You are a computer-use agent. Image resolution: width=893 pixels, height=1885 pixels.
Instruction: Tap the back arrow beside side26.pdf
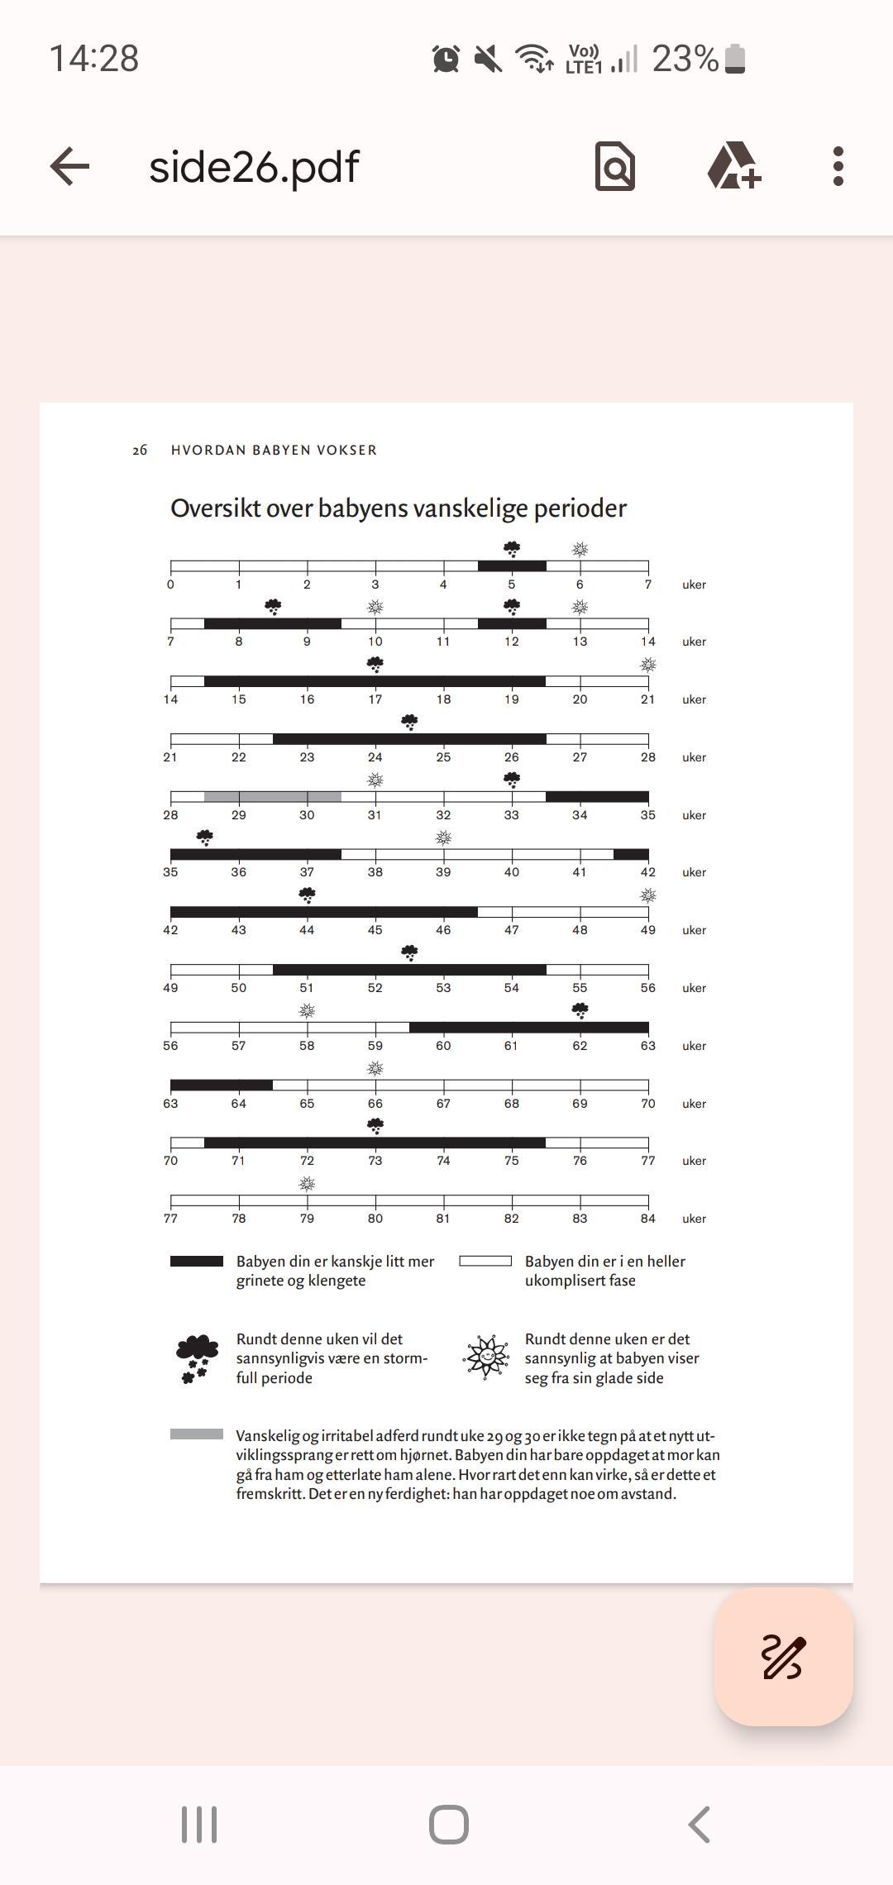(69, 166)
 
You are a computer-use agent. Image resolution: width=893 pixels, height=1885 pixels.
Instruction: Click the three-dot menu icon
(838, 166)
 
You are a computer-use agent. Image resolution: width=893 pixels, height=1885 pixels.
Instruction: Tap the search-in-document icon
(615, 166)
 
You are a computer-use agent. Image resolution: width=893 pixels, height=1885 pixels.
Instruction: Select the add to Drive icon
(733, 165)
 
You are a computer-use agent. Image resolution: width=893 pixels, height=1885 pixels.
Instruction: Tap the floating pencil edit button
(783, 1656)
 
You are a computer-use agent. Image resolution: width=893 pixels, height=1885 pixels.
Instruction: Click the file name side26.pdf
(254, 167)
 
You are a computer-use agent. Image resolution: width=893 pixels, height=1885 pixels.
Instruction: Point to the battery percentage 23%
(685, 59)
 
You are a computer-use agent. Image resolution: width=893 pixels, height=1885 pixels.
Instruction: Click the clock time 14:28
(94, 59)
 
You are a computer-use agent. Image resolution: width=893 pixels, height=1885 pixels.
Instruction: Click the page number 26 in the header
(140, 450)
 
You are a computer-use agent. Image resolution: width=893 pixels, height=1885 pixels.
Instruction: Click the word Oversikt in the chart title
(219, 508)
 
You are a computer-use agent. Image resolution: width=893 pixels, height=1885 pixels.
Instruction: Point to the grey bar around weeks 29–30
(273, 797)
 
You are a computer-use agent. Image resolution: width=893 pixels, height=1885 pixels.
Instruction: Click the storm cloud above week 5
(512, 549)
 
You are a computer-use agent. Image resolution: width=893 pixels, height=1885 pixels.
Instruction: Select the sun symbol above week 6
(580, 549)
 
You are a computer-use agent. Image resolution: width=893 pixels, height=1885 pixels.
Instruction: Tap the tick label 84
(647, 1219)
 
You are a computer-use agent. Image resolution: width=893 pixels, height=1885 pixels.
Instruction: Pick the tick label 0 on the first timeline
(170, 585)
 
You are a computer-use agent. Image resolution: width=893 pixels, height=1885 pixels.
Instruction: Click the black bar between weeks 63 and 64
(222, 1086)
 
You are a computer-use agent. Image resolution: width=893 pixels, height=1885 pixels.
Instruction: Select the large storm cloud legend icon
(198, 1358)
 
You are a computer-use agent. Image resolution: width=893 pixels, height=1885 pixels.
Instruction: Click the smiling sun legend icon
(486, 1357)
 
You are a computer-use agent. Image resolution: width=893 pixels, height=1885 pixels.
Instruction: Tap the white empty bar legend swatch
(485, 1262)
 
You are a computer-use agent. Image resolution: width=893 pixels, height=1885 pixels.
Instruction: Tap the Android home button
(449, 1825)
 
